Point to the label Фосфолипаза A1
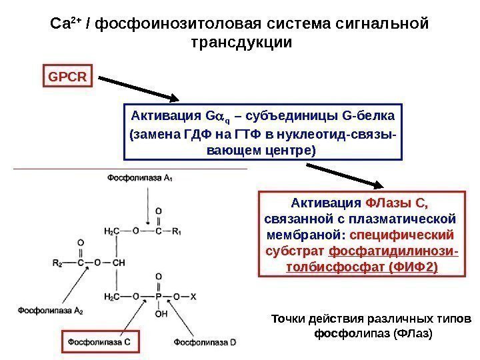tap(139, 177)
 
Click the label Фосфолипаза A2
tap(50, 310)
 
